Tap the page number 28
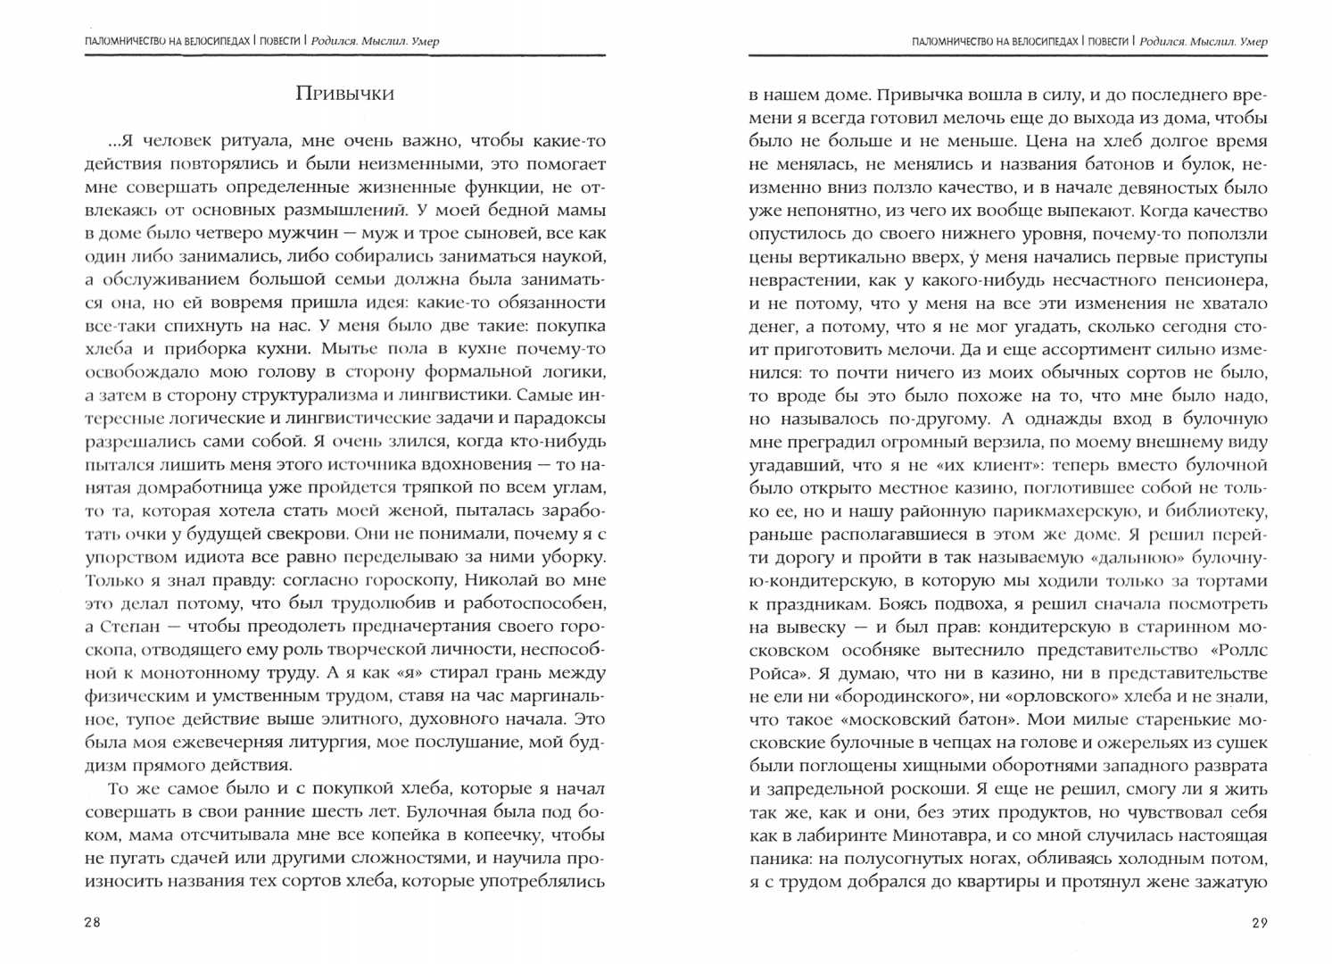[93, 924]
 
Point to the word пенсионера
[1217, 278]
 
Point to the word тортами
[1236, 580]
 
